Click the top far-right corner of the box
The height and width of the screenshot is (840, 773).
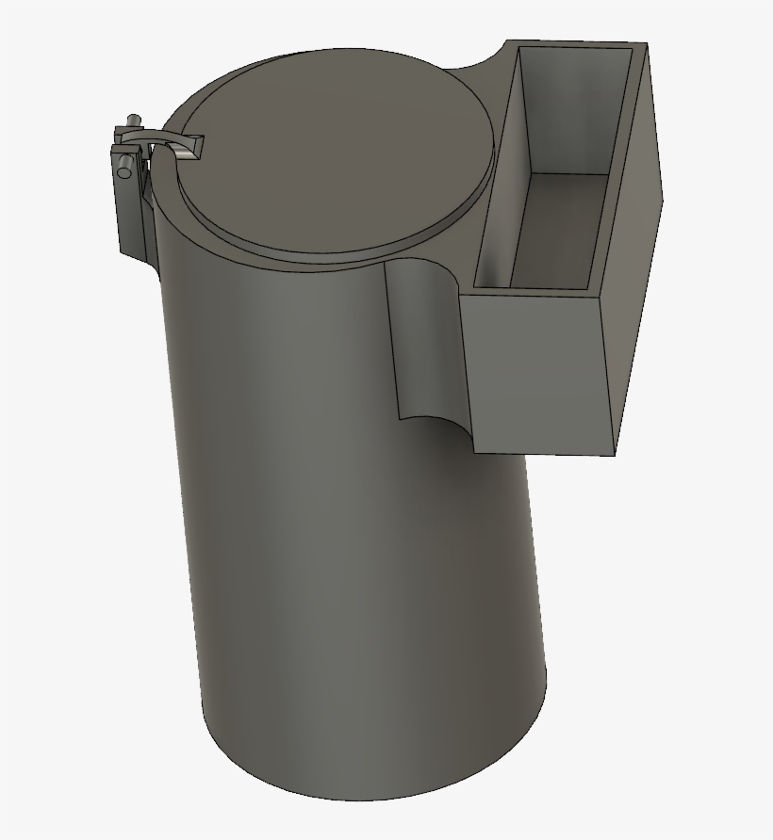click(x=648, y=43)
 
